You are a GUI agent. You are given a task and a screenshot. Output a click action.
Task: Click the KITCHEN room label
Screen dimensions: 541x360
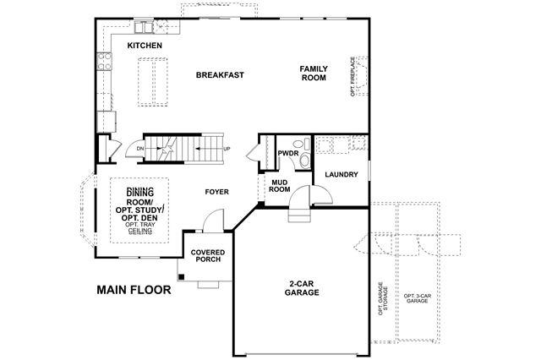pyautogui.click(x=145, y=46)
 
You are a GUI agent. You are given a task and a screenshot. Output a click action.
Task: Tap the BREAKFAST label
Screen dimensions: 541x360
pyautogui.click(x=220, y=75)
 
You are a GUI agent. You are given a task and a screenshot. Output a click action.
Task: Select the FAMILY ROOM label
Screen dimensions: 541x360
pyautogui.click(x=314, y=74)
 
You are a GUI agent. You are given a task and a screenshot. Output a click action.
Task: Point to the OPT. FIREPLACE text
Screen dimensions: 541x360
pyautogui.click(x=352, y=77)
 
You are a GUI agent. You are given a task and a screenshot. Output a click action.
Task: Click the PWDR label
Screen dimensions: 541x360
pyautogui.click(x=288, y=153)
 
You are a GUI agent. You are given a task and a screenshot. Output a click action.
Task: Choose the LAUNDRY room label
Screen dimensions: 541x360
pyautogui.click(x=342, y=174)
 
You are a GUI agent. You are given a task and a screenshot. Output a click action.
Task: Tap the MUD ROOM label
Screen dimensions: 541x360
pyautogui.click(x=280, y=186)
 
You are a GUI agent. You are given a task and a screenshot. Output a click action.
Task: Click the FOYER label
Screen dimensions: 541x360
pyautogui.click(x=216, y=192)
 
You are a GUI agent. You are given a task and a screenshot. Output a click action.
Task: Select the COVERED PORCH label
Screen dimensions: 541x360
pyautogui.click(x=208, y=256)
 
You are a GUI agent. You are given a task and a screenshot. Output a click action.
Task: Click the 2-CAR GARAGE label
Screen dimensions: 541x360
pyautogui.click(x=302, y=289)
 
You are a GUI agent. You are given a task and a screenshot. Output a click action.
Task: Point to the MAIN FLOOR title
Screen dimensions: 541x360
pyautogui.click(x=134, y=290)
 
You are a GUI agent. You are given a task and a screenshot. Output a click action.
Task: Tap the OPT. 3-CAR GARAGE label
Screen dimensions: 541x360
pyautogui.click(x=417, y=298)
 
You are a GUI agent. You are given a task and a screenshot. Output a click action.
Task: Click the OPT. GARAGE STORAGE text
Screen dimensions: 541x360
pyautogui.click(x=383, y=299)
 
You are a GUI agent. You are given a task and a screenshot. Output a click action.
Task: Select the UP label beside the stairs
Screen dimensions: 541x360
pyautogui.click(x=227, y=149)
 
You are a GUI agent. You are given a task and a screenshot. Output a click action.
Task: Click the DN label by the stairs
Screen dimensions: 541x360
pyautogui.click(x=139, y=149)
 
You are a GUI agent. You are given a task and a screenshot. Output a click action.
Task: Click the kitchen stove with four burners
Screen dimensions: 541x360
pyautogui.click(x=105, y=61)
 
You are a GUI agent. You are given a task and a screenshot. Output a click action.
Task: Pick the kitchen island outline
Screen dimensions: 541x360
pyautogui.click(x=152, y=82)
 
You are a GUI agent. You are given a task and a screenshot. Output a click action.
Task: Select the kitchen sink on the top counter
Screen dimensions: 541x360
pyautogui.click(x=144, y=27)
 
